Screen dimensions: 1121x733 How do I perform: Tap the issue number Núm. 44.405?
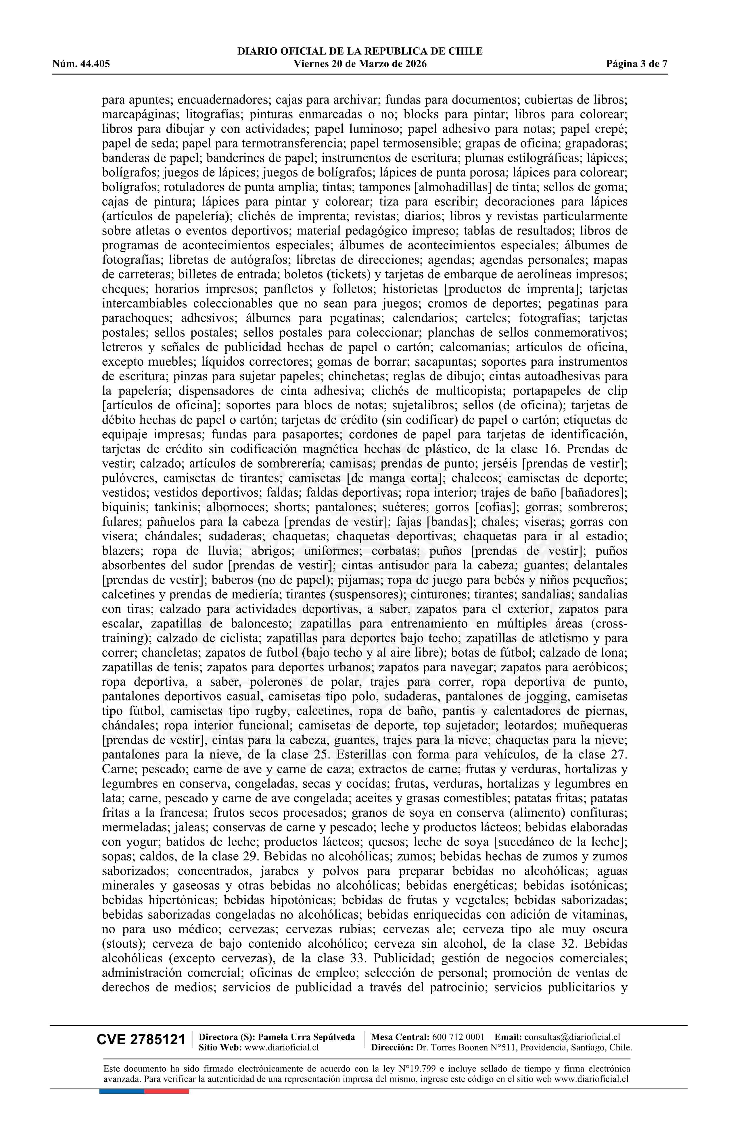tap(81, 64)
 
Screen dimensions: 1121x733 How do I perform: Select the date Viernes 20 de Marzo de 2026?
tap(360, 64)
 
